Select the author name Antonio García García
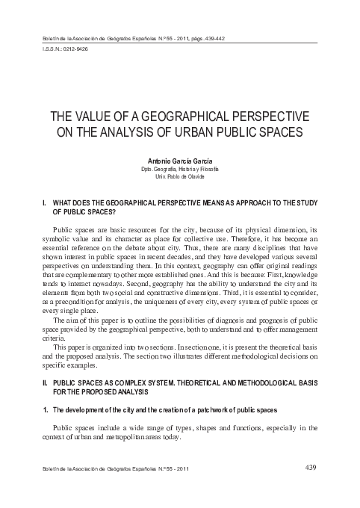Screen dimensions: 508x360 [x=179, y=161]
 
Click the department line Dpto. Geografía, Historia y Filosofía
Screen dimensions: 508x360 [x=179, y=169]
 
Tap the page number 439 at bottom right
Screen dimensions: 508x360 [x=314, y=469]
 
